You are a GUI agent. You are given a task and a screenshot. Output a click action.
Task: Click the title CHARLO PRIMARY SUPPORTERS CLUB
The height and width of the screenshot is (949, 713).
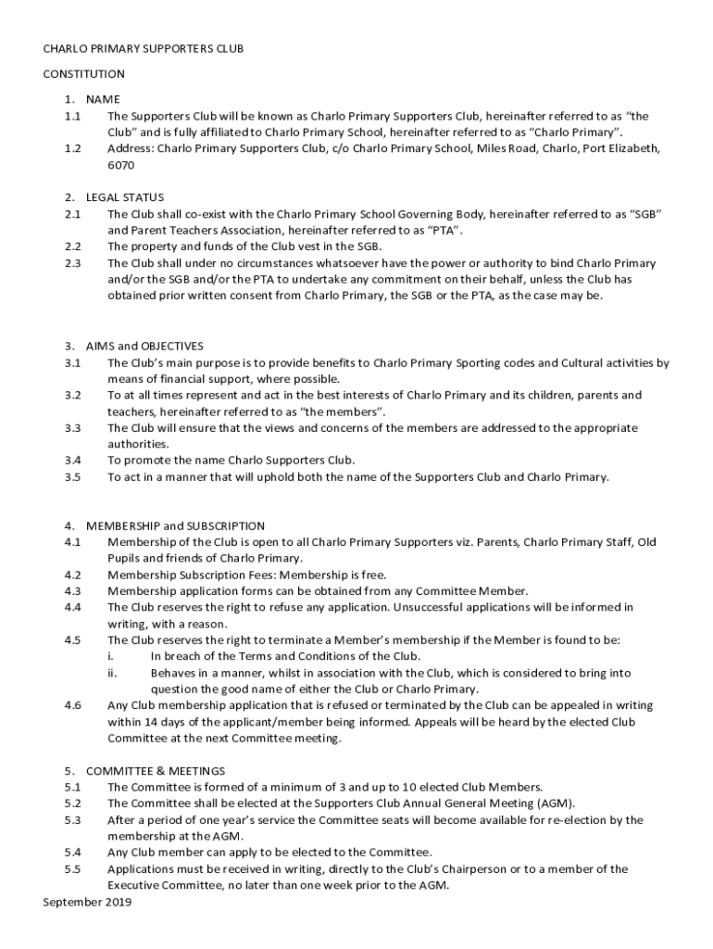click(x=143, y=49)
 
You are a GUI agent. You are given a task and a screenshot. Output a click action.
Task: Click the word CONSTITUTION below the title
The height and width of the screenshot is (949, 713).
click(x=83, y=74)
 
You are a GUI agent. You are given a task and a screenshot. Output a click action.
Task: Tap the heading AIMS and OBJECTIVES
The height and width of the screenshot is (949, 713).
click(x=144, y=347)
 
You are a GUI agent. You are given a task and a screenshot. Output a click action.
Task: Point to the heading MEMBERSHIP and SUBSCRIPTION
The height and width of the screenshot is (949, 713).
click(x=175, y=525)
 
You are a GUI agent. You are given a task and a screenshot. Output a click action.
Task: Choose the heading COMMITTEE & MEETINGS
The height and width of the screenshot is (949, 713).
click(x=155, y=771)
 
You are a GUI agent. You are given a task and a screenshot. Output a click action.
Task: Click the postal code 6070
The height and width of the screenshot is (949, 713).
click(x=120, y=165)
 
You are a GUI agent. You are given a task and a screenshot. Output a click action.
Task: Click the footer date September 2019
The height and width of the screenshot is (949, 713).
click(x=87, y=902)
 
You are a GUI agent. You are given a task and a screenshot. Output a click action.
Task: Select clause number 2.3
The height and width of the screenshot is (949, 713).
click(x=72, y=263)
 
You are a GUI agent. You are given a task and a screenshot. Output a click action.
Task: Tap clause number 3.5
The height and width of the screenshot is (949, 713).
click(x=72, y=477)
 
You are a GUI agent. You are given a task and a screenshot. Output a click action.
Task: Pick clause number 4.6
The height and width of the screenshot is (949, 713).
click(x=72, y=705)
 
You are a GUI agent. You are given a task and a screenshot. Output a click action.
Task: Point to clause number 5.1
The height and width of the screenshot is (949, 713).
click(x=72, y=787)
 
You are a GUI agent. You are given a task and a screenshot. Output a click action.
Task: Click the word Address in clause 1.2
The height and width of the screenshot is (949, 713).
click(x=129, y=148)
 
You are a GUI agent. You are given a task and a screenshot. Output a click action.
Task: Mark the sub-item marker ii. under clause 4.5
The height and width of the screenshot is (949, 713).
click(x=112, y=673)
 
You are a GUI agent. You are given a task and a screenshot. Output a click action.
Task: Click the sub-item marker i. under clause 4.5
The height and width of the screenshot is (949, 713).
click(x=111, y=656)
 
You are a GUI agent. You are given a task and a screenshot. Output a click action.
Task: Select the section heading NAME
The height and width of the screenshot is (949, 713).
click(x=103, y=99)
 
